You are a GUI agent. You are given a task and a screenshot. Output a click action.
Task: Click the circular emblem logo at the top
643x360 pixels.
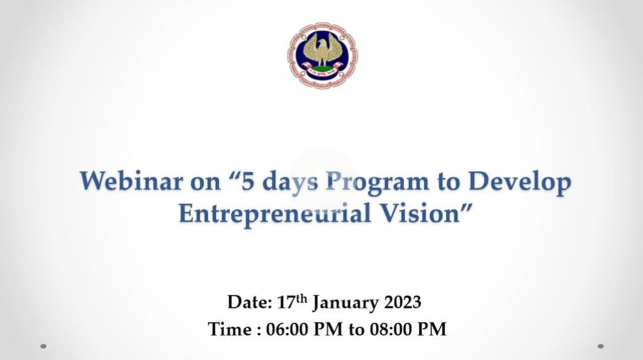pyautogui.click(x=322, y=55)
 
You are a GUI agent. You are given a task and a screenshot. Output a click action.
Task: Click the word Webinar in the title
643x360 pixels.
pyautogui.click(x=131, y=181)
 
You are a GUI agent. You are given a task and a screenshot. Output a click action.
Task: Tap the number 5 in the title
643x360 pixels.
pyautogui.click(x=247, y=181)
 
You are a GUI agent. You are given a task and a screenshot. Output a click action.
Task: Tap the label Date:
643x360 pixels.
pyautogui.click(x=250, y=302)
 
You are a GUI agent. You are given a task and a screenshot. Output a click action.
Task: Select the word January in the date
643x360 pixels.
pyautogui.click(x=345, y=303)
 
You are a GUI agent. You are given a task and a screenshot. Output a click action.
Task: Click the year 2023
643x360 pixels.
pyautogui.click(x=402, y=302)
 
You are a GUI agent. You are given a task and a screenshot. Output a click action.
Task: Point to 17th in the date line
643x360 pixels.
pyautogui.click(x=292, y=301)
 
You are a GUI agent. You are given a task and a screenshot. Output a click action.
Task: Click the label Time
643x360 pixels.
pyautogui.click(x=230, y=329)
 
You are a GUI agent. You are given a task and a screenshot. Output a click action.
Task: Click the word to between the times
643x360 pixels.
pyautogui.click(x=356, y=330)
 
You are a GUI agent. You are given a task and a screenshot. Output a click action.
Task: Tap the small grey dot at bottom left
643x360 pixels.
pyautogui.click(x=43, y=347)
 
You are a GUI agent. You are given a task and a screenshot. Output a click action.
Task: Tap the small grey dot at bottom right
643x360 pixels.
pyautogui.click(x=601, y=347)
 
